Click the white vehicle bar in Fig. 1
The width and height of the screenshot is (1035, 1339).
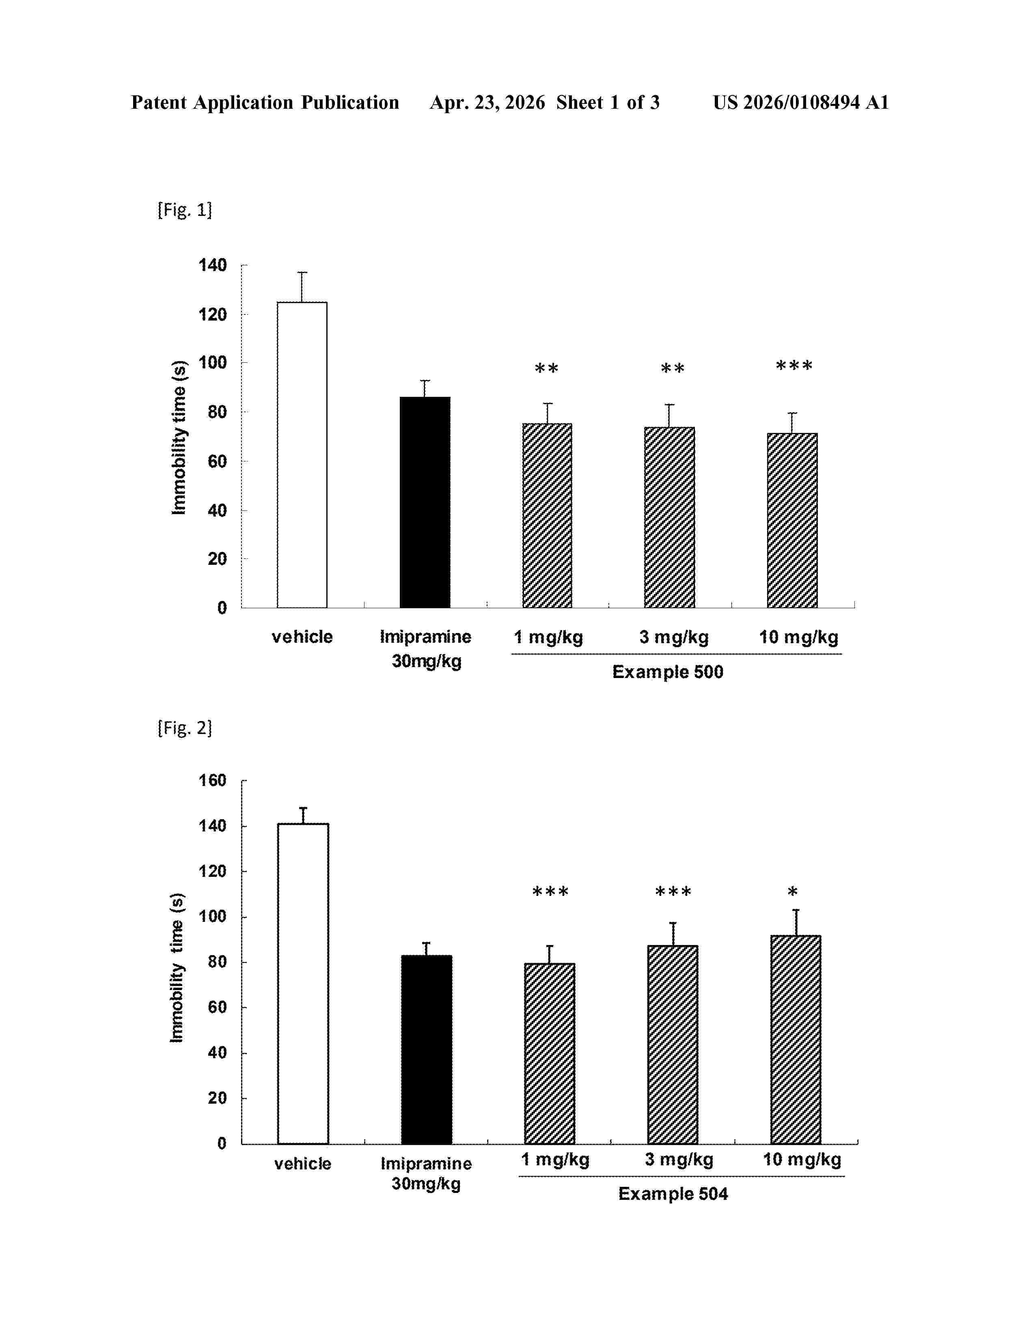[302, 454]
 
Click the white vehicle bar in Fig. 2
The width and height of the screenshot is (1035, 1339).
[303, 984]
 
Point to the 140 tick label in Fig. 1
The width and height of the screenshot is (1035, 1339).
[212, 265]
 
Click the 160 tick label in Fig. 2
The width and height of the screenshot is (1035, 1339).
[212, 780]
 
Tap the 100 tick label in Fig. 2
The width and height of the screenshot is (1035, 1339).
[212, 917]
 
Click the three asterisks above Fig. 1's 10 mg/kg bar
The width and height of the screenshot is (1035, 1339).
[794, 367]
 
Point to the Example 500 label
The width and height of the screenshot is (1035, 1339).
[668, 672]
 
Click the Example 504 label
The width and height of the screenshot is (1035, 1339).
[673, 1194]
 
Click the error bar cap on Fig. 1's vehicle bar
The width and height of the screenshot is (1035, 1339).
[302, 272]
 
